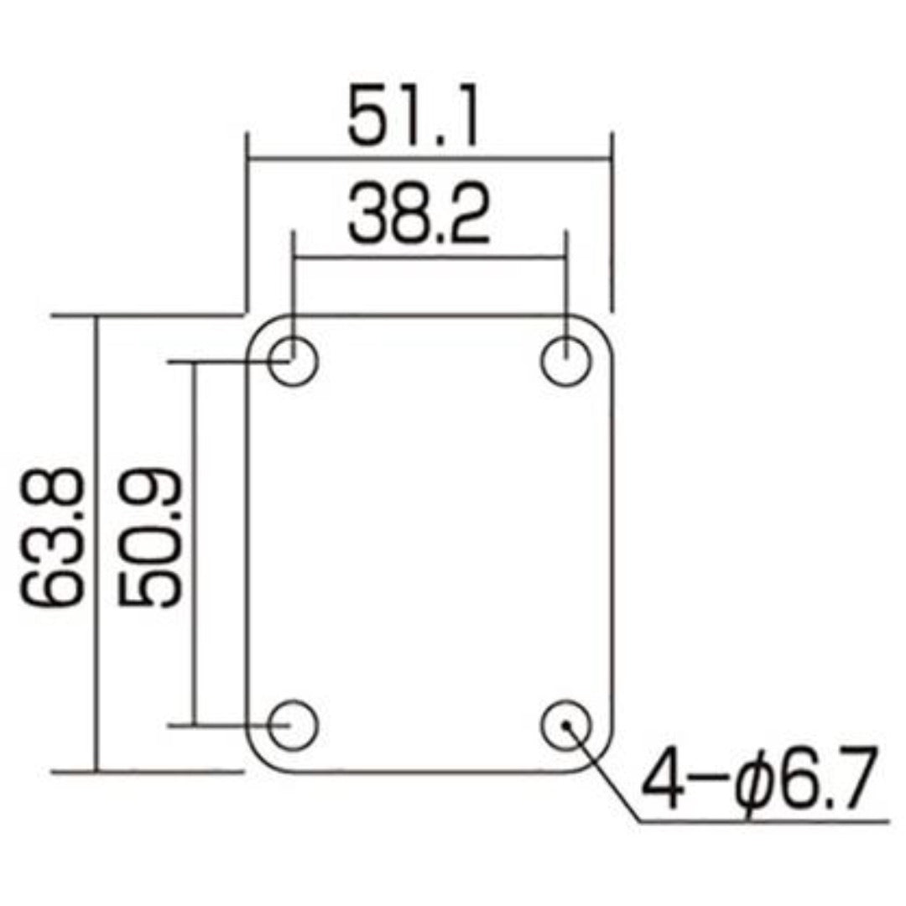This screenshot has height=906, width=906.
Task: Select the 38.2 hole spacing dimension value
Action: pyautogui.click(x=419, y=216)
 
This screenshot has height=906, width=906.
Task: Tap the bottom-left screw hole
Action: pyautogui.click(x=294, y=723)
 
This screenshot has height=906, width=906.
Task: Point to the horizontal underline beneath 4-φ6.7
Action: pyautogui.click(x=763, y=820)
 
